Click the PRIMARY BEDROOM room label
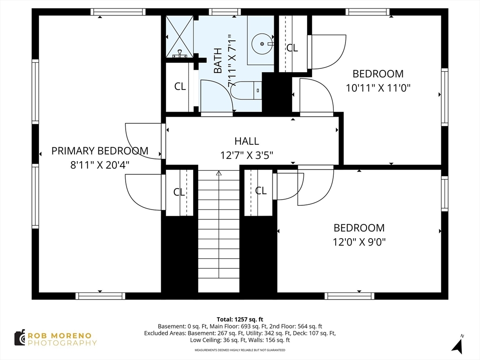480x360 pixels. tap(100, 151)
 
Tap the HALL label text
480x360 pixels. tap(247, 141)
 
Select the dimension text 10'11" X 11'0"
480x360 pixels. tap(378, 88)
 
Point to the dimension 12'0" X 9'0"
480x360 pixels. tap(359, 242)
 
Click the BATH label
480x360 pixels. tap(217, 60)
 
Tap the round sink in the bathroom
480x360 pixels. tap(262, 44)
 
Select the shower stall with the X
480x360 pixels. tap(180, 37)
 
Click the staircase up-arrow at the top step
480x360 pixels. tap(218, 173)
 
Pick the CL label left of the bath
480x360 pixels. tap(180, 86)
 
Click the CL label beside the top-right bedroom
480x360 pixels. tap(292, 48)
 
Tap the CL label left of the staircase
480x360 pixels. tap(179, 192)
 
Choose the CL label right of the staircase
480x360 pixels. tap(261, 191)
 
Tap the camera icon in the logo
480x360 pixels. tap(20, 337)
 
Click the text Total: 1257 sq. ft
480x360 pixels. tap(240, 320)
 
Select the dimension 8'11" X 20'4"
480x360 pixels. tap(100, 165)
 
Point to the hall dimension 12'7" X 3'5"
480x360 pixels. tap(247, 156)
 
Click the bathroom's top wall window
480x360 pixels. tap(225, 12)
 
